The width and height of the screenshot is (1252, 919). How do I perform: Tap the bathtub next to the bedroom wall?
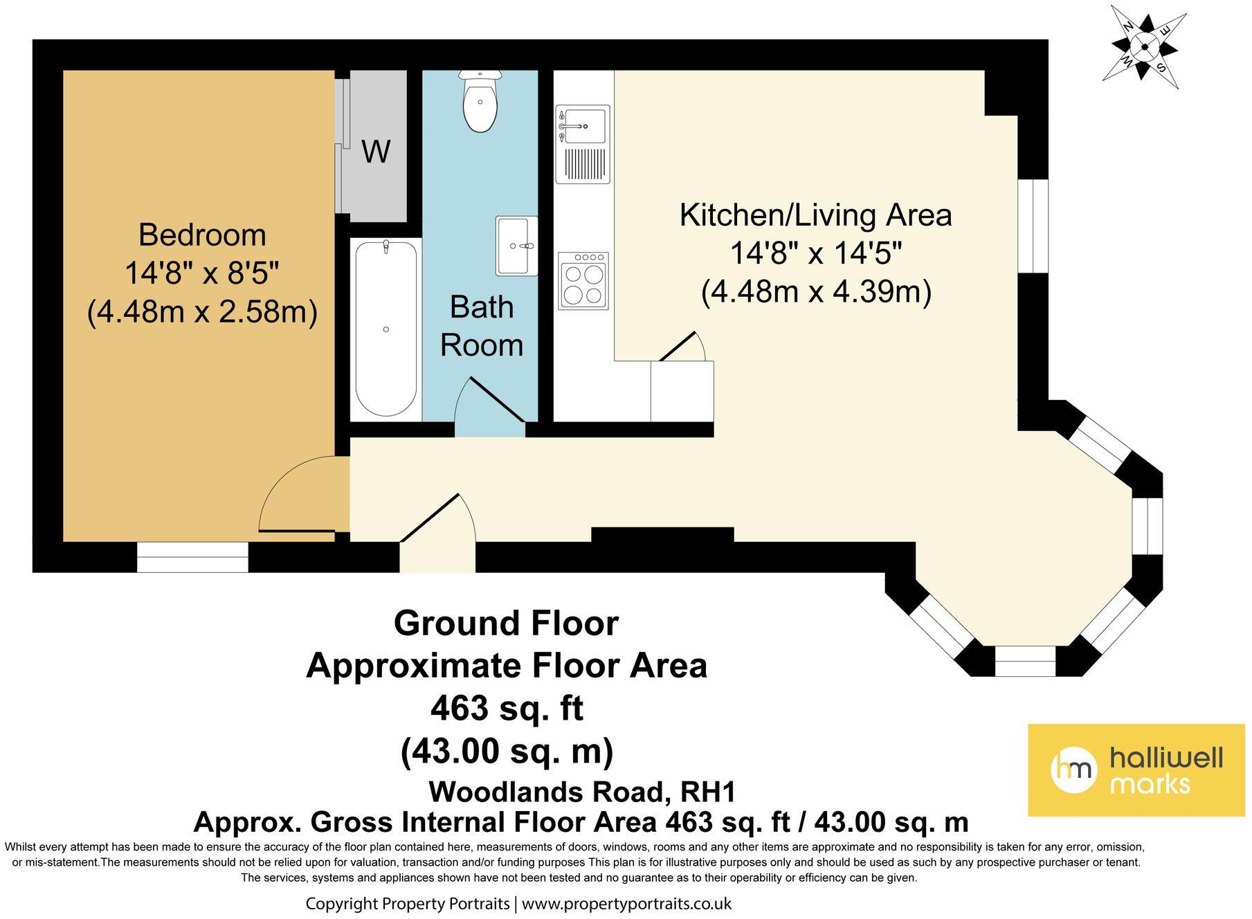[x=386, y=328]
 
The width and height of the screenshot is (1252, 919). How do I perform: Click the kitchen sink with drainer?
[x=583, y=144]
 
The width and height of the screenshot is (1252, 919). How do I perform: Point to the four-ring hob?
[x=583, y=280]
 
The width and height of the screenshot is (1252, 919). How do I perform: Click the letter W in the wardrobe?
[x=376, y=152]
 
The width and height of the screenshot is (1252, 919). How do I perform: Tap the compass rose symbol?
[x=1145, y=47]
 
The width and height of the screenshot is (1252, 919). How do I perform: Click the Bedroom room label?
[x=202, y=235]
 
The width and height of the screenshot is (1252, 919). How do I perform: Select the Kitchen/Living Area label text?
[x=815, y=215]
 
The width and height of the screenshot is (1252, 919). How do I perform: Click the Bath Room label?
[x=482, y=326]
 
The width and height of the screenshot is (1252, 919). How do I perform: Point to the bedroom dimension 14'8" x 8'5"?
[x=202, y=274]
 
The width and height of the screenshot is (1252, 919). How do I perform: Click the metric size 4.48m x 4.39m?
[x=816, y=292]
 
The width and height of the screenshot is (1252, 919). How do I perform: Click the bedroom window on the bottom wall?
[x=192, y=557]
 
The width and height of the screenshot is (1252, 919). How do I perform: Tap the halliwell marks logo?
[x=1135, y=770]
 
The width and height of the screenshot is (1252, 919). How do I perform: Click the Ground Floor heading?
[x=506, y=624]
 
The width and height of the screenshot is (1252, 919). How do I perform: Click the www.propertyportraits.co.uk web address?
[x=626, y=904]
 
